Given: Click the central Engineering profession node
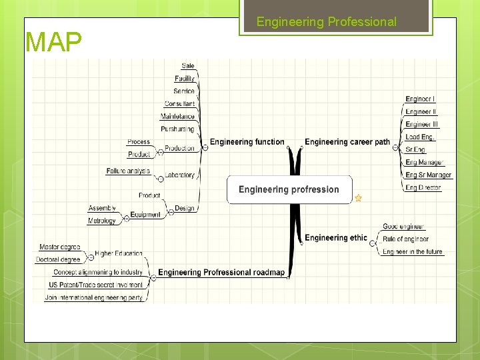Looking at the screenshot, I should click(289, 189).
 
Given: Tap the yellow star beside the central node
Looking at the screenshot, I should click(358, 198).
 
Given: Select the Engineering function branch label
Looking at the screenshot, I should click(247, 142).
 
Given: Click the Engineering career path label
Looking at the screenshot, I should click(347, 142).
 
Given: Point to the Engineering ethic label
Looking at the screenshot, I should click(336, 238).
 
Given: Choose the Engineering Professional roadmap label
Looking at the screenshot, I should click(221, 273).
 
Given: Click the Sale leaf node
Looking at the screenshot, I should click(188, 66).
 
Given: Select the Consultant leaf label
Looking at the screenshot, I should click(179, 104).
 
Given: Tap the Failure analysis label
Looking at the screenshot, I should click(128, 171).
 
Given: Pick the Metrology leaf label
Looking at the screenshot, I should click(102, 221).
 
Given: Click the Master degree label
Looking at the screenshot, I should click(60, 247).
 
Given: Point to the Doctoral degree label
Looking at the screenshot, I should click(58, 259).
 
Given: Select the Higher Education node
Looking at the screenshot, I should click(118, 253).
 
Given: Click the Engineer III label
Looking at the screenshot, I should click(421, 125).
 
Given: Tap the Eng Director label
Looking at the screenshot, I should click(423, 188).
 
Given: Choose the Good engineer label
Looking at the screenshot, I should click(403, 227).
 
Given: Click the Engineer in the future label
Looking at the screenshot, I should click(412, 252).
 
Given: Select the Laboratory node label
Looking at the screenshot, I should click(179, 175).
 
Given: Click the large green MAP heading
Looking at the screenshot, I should click(53, 43).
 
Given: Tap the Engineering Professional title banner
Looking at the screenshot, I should click(327, 22).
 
